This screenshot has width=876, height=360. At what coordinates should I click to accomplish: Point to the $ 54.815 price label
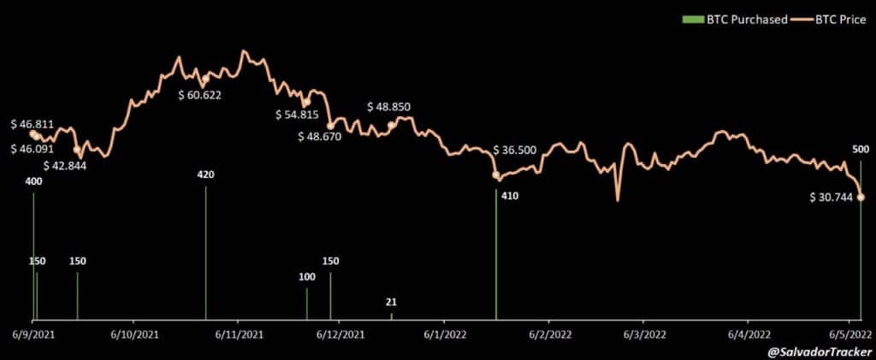pyautogui.click(x=296, y=115)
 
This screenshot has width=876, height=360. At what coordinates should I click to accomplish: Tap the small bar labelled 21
pyautogui.click(x=392, y=316)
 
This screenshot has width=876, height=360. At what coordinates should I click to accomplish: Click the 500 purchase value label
pyautogui.click(x=861, y=149)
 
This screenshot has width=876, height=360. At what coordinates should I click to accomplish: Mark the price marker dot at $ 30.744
pyautogui.click(x=861, y=198)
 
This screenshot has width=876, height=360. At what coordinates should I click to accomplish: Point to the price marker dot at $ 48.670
pyautogui.click(x=330, y=126)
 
